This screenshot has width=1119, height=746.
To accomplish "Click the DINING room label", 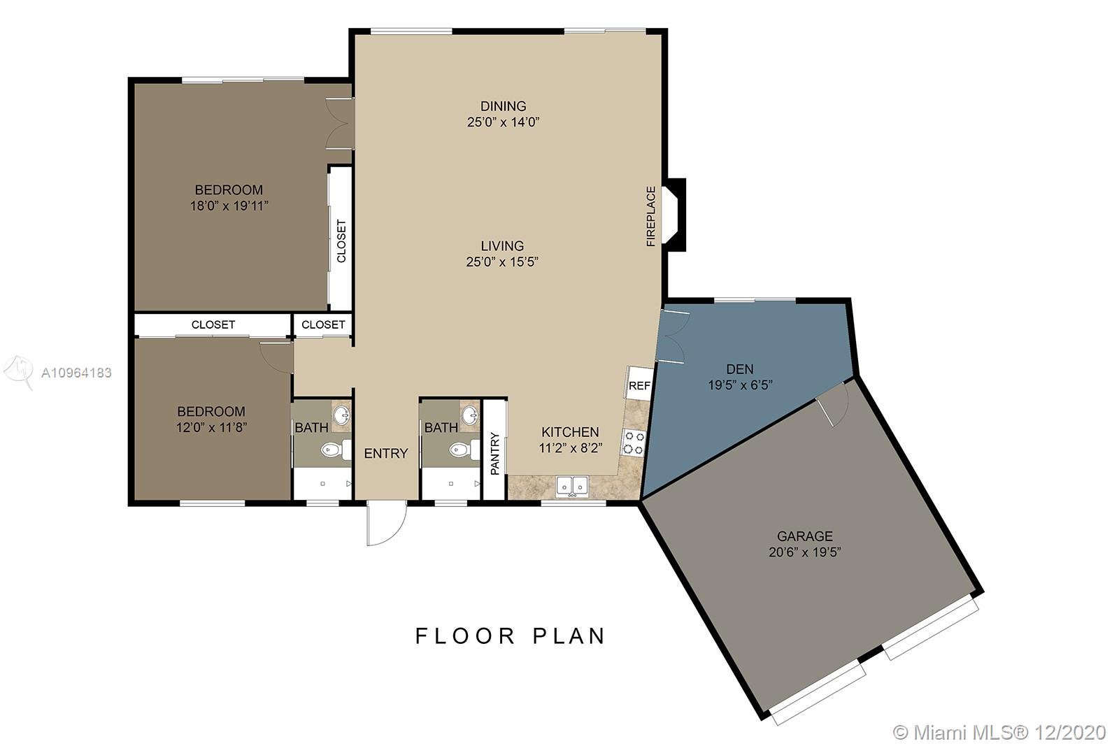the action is [x=503, y=106].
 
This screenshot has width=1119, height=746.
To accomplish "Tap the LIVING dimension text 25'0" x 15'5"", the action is [x=502, y=261].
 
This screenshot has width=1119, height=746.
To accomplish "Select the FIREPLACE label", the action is [x=650, y=216].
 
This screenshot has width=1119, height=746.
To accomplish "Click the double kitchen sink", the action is [x=572, y=487].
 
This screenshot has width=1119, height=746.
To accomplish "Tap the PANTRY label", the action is [x=495, y=453].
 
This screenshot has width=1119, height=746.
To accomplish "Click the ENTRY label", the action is [x=385, y=453].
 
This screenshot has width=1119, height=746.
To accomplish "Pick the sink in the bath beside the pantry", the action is [x=469, y=414].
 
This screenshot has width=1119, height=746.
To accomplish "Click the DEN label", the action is [x=740, y=369].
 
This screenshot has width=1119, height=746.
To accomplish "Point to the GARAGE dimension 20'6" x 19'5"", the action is [x=805, y=552].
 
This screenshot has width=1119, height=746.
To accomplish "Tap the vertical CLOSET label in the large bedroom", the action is [x=341, y=241].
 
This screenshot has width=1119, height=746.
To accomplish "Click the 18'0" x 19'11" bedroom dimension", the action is [x=229, y=206].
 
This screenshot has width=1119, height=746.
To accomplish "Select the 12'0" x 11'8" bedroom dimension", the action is [x=211, y=427].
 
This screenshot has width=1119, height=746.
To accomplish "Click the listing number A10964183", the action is [x=76, y=373].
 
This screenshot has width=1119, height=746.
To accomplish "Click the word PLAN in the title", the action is [x=569, y=636].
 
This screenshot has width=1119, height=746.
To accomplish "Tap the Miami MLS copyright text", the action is [x=999, y=732].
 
